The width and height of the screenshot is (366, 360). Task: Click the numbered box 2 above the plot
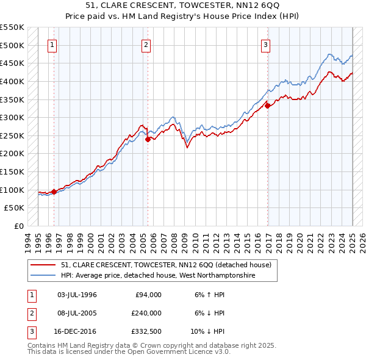pos(146,45)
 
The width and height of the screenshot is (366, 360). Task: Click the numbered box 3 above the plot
pos(266,45)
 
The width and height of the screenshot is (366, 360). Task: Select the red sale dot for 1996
pos(54,192)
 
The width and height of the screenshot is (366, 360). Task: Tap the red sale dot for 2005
pos(148,139)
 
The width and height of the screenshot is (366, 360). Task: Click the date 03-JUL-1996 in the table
pos(77,295)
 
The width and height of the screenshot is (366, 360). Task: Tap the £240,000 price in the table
pos(147,313)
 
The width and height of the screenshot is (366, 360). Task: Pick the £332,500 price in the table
pos(147,331)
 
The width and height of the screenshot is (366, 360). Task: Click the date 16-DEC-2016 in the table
pos(77,331)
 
